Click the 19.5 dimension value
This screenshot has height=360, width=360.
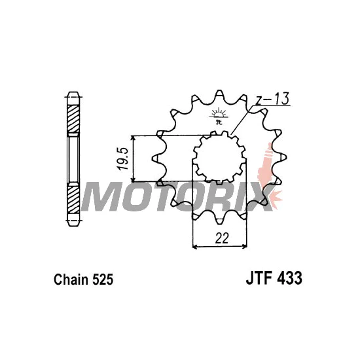122,158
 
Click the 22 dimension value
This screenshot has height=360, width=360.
222,238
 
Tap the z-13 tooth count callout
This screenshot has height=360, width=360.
272,99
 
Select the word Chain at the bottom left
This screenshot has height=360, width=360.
71,279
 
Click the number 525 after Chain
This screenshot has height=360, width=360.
103,279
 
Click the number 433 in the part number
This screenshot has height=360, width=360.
290,278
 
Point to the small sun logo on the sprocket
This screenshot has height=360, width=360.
219,115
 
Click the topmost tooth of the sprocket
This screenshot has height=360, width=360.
219,94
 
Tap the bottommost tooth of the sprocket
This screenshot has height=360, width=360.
219,221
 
